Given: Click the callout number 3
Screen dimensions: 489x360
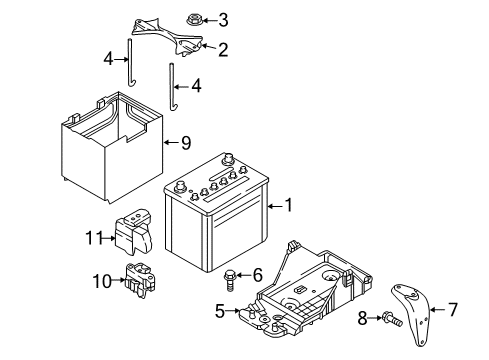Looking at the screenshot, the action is point(223,20).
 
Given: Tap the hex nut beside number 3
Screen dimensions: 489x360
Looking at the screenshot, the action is point(193,19).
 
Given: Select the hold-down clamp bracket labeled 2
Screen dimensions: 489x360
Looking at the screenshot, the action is point(167,37).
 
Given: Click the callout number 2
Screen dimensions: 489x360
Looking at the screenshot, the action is point(223,50).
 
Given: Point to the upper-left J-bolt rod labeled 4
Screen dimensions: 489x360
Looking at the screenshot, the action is point(131,62).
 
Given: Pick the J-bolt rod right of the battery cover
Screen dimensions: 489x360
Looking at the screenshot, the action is point(173,87).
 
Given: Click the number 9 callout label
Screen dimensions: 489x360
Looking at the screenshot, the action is point(186,143).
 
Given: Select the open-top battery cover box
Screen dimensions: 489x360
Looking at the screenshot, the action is point(112,148).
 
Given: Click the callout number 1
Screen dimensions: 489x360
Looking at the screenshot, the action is point(289,205).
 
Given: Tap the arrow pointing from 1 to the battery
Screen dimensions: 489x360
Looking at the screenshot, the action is point(275,206).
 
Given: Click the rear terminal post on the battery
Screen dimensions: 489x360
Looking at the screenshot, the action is point(228,158).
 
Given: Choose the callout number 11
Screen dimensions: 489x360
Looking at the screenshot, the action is point(95,238).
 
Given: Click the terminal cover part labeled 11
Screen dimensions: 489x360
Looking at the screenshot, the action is point(133,232).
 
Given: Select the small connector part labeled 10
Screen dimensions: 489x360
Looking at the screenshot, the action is point(140,280).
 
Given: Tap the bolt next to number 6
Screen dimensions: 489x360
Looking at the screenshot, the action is point(230,280).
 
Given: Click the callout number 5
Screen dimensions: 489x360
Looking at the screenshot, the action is point(220,311).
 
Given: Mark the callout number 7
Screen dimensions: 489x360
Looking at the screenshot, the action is point(452,309).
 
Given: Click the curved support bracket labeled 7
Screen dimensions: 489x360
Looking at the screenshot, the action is point(412,313).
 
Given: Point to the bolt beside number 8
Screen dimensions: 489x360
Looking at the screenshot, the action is point(393,318).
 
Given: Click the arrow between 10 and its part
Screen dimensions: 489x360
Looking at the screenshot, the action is point(118,280).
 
